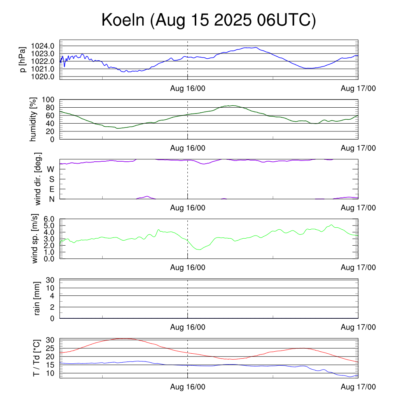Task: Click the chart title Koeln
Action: coord(123,20)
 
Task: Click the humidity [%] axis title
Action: coord(33,120)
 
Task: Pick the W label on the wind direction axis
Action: coord(51,169)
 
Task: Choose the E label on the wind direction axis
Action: coord(51,189)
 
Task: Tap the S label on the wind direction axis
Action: coord(51,179)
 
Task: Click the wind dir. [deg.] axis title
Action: coord(38,179)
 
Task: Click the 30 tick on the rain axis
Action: coord(51,280)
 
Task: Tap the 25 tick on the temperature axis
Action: coord(51,348)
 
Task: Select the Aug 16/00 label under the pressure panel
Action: coord(188,89)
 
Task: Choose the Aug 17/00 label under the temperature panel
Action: coord(358,387)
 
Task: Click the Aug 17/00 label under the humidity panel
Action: coord(358,148)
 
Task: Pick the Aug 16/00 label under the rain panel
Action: coord(188,327)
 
